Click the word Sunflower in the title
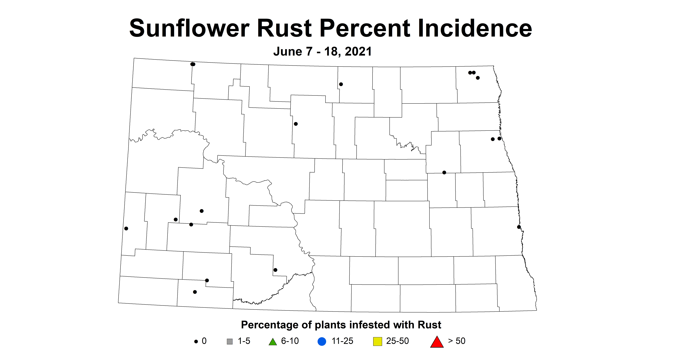189,28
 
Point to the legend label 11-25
342,341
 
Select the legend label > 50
457,341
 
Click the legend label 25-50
397,341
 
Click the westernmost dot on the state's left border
126,228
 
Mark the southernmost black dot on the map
195,292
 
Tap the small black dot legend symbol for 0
196,342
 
